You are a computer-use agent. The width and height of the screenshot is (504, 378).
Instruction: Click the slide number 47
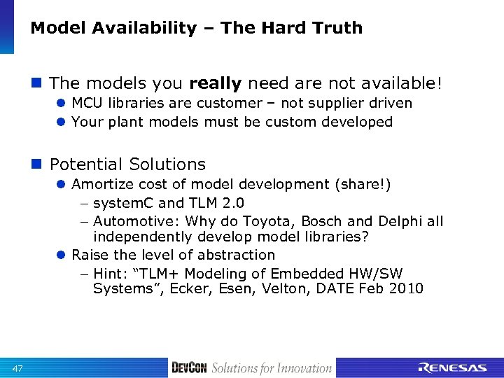point(18,368)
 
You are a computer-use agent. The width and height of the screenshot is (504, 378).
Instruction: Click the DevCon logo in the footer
point(189,368)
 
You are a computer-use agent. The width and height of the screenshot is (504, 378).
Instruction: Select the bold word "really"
point(215,83)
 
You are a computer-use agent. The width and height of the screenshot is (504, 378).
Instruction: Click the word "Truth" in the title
point(339,28)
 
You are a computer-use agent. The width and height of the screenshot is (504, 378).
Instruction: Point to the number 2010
point(405,288)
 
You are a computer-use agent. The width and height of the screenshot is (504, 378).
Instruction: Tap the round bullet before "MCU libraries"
point(61,104)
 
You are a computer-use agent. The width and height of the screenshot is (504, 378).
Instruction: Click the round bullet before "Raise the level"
point(61,255)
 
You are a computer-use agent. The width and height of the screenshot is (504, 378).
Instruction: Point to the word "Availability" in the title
point(141,28)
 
